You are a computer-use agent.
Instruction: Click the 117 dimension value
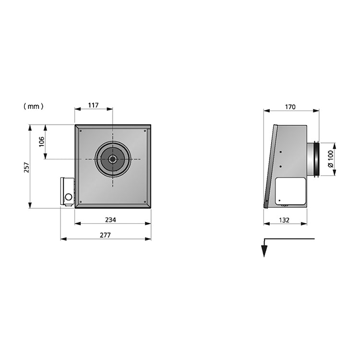(94, 105)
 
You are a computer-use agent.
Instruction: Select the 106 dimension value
(42, 142)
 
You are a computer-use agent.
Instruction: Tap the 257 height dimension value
(26, 168)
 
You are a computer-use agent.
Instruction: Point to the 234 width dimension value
(110, 220)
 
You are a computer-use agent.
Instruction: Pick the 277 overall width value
(105, 235)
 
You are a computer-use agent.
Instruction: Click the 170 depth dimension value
(290, 107)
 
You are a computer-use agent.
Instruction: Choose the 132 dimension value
(284, 220)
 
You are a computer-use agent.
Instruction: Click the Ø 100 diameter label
(330, 159)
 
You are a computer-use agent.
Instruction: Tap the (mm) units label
(34, 106)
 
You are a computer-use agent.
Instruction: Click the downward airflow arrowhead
(264, 251)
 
